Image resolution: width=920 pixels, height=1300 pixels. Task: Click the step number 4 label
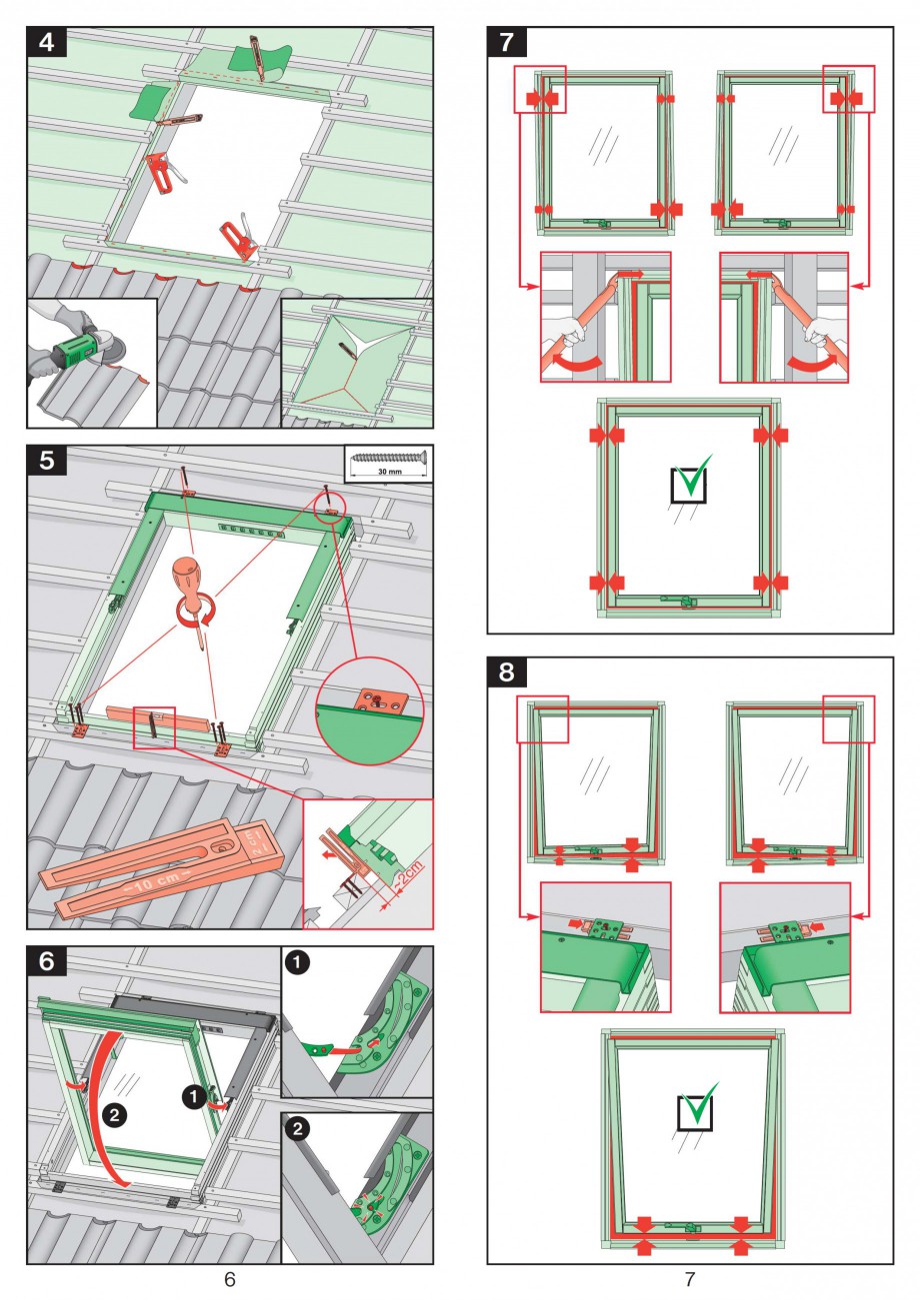tap(46, 41)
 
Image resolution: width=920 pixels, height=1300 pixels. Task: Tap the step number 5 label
tap(46, 461)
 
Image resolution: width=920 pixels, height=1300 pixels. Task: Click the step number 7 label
tap(506, 41)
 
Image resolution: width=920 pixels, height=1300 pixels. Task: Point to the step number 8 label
tap(506, 672)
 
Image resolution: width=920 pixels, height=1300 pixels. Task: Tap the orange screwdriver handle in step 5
tap(187, 580)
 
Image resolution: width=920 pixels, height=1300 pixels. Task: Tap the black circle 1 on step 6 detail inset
tap(297, 962)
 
